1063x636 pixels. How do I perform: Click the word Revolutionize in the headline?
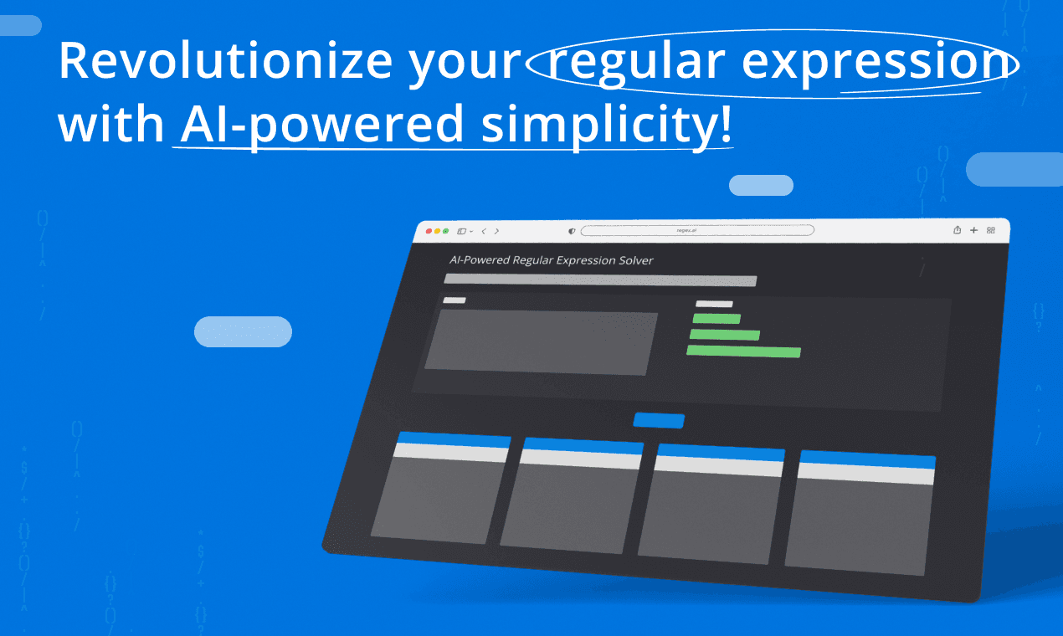[225, 61]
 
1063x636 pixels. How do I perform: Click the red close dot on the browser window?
[429, 231]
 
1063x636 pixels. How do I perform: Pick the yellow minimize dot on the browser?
[437, 231]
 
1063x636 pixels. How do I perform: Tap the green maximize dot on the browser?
[445, 231]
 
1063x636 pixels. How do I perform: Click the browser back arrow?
[484, 231]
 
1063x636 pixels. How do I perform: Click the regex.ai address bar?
[697, 230]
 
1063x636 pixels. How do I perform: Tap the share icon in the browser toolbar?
[958, 230]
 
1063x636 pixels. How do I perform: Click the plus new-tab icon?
[973, 230]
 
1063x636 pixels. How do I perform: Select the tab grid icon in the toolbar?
[991, 230]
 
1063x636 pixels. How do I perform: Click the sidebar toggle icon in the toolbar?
[461, 231]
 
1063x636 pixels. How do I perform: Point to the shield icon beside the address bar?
[572, 231]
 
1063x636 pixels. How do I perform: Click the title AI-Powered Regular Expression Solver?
[551, 260]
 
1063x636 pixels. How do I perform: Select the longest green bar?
[743, 351]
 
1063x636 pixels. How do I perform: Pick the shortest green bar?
[716, 319]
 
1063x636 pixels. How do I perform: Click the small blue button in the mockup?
[659, 421]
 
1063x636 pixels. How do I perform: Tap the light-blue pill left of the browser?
[243, 331]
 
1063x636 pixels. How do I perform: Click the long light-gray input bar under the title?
[600, 280]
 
